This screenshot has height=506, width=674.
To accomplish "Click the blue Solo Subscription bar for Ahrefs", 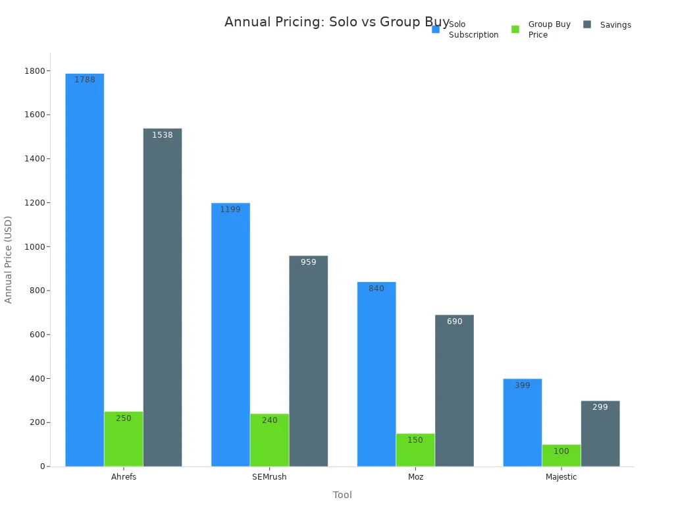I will pyautogui.click(x=84, y=270).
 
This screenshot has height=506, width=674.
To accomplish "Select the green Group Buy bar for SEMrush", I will pyautogui.click(x=269, y=440).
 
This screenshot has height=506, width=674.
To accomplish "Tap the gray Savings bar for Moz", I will pyautogui.click(x=454, y=391).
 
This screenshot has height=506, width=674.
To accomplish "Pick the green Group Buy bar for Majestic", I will pyautogui.click(x=561, y=455).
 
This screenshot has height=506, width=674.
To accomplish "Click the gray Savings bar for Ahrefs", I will pyautogui.click(x=163, y=297).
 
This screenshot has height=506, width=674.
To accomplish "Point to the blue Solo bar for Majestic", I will pyautogui.click(x=523, y=422).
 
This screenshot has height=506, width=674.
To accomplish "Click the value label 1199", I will pyautogui.click(x=230, y=210).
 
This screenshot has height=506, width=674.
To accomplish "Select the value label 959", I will pyautogui.click(x=309, y=262).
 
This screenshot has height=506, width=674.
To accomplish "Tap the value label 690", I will pyautogui.click(x=455, y=322).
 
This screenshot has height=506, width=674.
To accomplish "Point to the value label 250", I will pyautogui.click(x=124, y=418).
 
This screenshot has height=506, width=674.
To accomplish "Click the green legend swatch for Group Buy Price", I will pyautogui.click(x=515, y=29).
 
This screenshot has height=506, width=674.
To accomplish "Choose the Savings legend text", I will pyautogui.click(x=615, y=25).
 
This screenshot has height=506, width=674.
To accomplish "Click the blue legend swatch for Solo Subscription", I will pyautogui.click(x=436, y=29).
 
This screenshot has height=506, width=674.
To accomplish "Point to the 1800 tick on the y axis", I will pyautogui.click(x=36, y=71).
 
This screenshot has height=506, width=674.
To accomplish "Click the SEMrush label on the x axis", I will pyautogui.click(x=269, y=477).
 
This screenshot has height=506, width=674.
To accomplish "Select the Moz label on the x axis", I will pyautogui.click(x=415, y=477).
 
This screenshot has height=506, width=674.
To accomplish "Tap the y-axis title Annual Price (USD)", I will pyautogui.click(x=9, y=260).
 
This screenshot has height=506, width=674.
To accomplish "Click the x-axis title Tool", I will pyautogui.click(x=342, y=495).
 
